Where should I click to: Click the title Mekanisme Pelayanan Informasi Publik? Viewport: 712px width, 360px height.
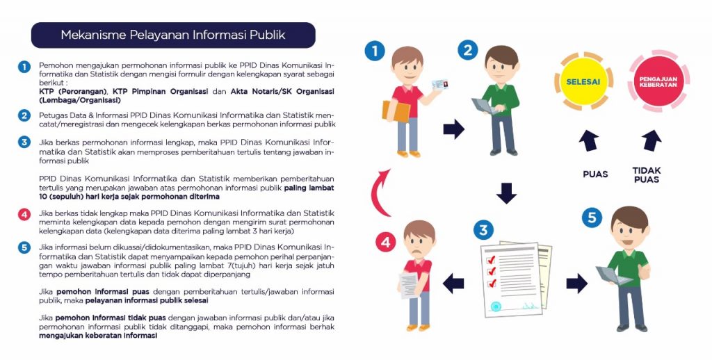point(173,35)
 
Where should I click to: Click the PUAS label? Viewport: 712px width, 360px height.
point(595,174)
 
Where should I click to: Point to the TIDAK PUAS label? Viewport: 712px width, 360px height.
point(647,174)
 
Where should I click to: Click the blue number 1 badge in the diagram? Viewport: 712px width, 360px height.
point(375,51)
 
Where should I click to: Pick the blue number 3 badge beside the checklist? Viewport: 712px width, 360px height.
point(484,230)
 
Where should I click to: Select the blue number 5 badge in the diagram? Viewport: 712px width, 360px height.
point(592,218)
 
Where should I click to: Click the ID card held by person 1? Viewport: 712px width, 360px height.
point(438,84)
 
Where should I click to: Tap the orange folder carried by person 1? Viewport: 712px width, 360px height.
point(396,111)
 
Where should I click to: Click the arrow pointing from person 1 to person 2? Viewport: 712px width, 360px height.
point(454,128)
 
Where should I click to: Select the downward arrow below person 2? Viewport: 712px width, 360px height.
point(507,193)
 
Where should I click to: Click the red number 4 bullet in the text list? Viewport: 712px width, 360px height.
point(24,214)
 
